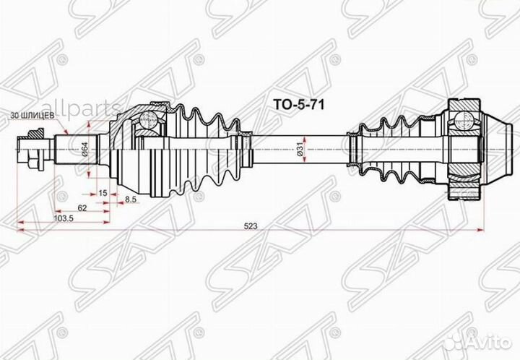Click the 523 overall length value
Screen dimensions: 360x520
pyautogui.click(x=251, y=226)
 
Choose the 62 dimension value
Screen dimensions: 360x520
pyautogui.click(x=83, y=207)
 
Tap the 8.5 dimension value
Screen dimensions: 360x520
pyautogui.click(x=131, y=199)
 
